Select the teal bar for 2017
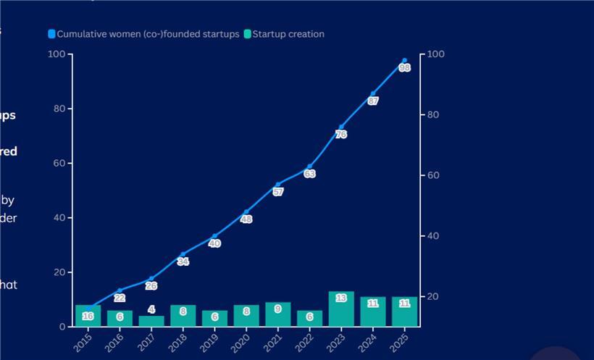151,322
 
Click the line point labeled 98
404,61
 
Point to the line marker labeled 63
309,167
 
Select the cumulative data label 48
246,219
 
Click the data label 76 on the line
341,135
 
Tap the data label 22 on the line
120,298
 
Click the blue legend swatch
51,34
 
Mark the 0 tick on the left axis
62,327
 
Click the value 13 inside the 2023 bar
341,298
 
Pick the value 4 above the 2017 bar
151,309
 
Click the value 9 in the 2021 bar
278,309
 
